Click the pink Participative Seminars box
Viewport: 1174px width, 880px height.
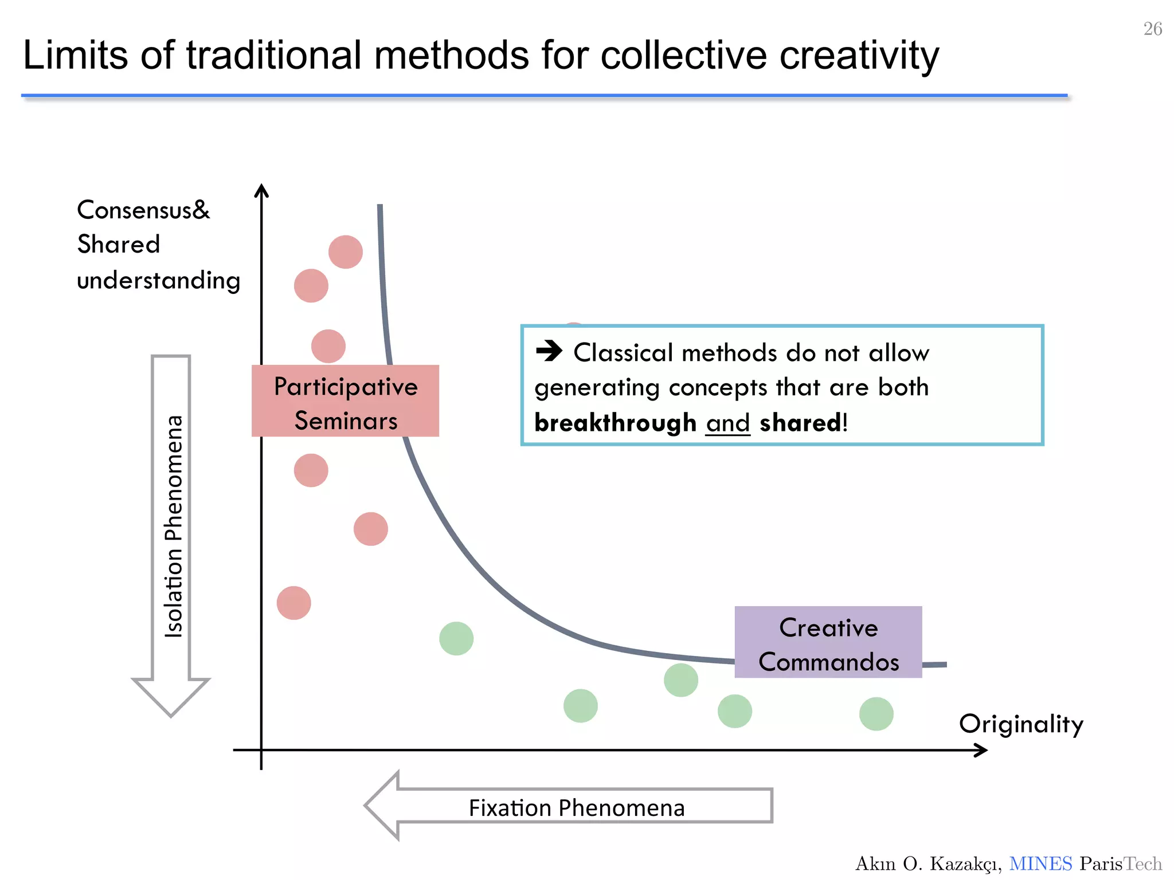345,401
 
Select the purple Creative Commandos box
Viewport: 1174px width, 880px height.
828,642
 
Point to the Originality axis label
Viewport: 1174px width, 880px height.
1021,724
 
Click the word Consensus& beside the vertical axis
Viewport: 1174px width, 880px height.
143,210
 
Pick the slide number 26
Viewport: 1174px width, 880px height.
1152,29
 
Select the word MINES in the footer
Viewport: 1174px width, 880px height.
1040,863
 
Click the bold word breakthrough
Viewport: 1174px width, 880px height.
615,423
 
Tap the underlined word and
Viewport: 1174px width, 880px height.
727,423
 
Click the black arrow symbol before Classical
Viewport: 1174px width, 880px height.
549,351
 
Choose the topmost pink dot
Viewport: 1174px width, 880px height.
346,252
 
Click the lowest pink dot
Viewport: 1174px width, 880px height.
294,603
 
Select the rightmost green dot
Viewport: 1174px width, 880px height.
876,714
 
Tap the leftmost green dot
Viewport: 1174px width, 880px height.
456,638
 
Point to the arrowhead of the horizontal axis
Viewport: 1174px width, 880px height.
981,750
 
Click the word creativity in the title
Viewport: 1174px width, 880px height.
859,56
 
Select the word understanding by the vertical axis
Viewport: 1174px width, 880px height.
158,281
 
